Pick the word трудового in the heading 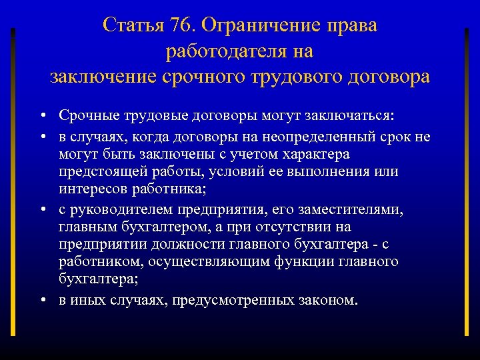pos(303,76)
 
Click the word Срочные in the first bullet pos(85,116)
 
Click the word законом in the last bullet pos(329,300)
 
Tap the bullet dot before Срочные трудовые pos(42,117)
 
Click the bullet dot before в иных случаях pos(42,301)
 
